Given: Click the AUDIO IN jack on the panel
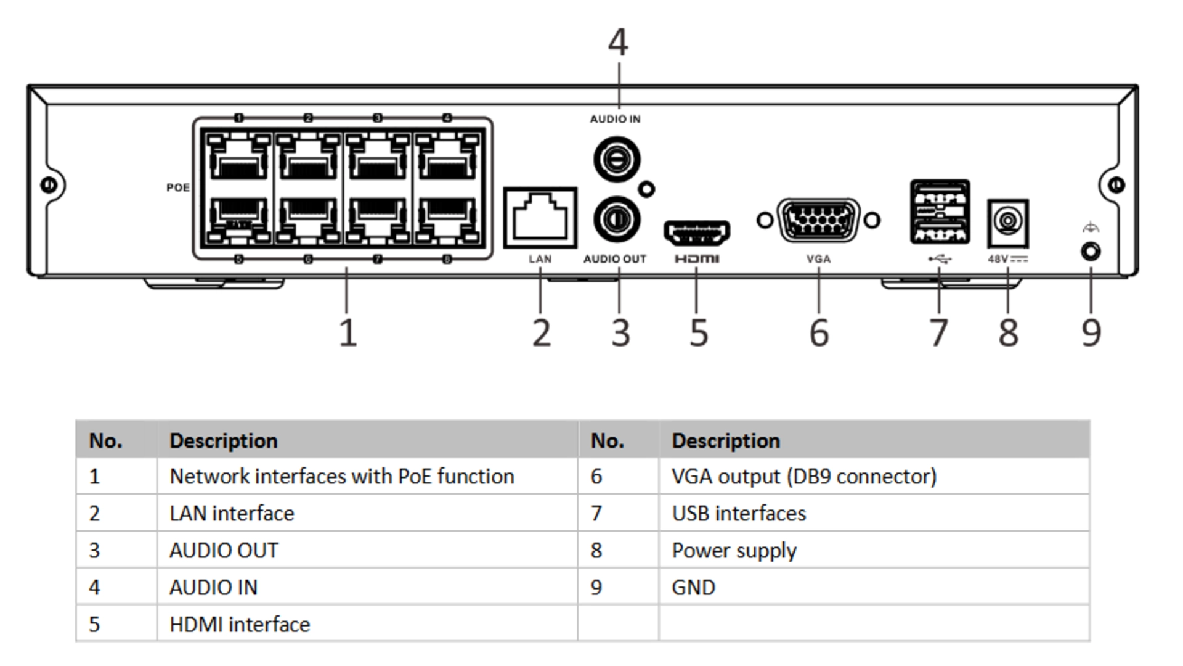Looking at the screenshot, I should pyautogui.click(x=617, y=159).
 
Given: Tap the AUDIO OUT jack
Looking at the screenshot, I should pyautogui.click(x=617, y=219).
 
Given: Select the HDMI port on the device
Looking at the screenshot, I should pyautogui.click(x=696, y=233).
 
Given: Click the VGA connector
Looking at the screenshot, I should pyautogui.click(x=818, y=220).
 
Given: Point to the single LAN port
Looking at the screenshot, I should pyautogui.click(x=540, y=218).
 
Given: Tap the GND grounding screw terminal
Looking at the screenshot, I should pyautogui.click(x=1091, y=252).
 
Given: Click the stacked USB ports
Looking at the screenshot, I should pyautogui.click(x=940, y=212).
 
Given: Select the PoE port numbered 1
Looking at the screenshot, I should pyautogui.click(x=239, y=158).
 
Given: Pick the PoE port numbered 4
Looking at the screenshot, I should pyautogui.click(x=447, y=158).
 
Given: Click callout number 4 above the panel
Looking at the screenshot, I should pyautogui.click(x=618, y=43).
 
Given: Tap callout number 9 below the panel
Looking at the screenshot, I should pyautogui.click(x=1091, y=333).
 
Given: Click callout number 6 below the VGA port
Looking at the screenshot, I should pyautogui.click(x=819, y=333).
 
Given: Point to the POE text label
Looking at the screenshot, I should pyautogui.click(x=177, y=187).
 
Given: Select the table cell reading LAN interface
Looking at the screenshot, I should pyautogui.click(x=232, y=513).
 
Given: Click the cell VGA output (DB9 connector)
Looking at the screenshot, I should pyautogui.click(x=803, y=476).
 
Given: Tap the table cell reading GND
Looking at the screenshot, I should pyautogui.click(x=693, y=587).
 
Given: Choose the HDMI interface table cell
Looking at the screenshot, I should pyautogui.click(x=240, y=624).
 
